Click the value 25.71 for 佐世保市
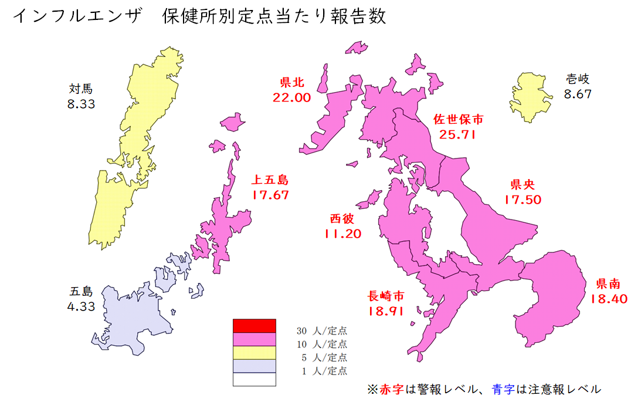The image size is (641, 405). pos(458,134)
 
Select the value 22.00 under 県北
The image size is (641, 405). pos(291,97)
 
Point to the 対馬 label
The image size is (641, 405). pos(81,89)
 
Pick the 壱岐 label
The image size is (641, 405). pos(578,79)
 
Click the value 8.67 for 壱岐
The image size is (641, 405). pos(578,93)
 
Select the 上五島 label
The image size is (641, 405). pos(270,180)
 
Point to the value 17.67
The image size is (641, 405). pos(270,195)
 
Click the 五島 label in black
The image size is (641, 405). pos(81,291)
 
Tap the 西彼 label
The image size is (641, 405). pos(342,218)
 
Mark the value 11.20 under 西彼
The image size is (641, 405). pos(342,234)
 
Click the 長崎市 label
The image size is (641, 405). pos(386,295)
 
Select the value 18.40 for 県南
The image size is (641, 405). pos(609,299)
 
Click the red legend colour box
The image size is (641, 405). pos(254,325)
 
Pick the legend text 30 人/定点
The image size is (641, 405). pos(321,330)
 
